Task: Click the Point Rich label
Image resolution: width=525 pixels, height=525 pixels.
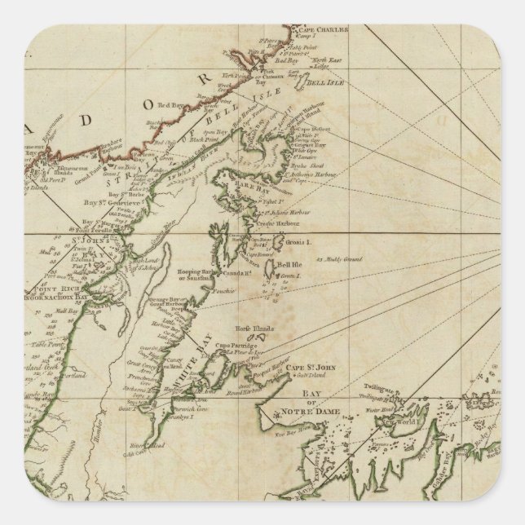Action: click(x=51, y=289)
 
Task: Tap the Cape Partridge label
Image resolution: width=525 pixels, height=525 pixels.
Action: click(x=237, y=347)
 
